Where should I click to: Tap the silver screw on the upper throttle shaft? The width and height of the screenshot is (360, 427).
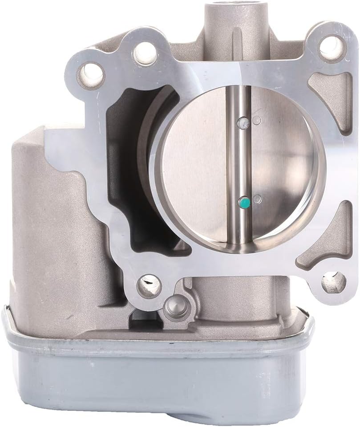coord(243,123)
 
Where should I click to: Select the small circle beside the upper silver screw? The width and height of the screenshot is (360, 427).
coord(256,120)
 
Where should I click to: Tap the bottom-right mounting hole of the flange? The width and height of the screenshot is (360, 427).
coord(334,281)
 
